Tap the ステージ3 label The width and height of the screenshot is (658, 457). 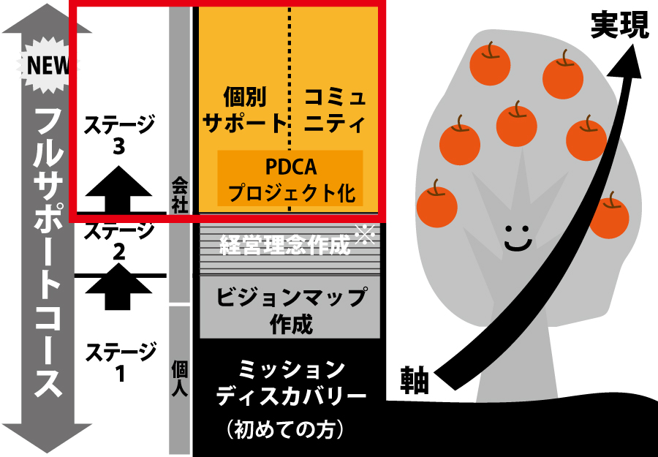pos(120,135)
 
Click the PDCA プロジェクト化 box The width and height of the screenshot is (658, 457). pos(290,179)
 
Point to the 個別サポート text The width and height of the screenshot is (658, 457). pos(244,110)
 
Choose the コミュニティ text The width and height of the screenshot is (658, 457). pos(335,110)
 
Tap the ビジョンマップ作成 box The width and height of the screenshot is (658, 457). pos(290,308)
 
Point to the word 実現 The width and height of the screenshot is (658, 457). pos(620,25)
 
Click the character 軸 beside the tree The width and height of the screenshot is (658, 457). pos(415,379)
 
